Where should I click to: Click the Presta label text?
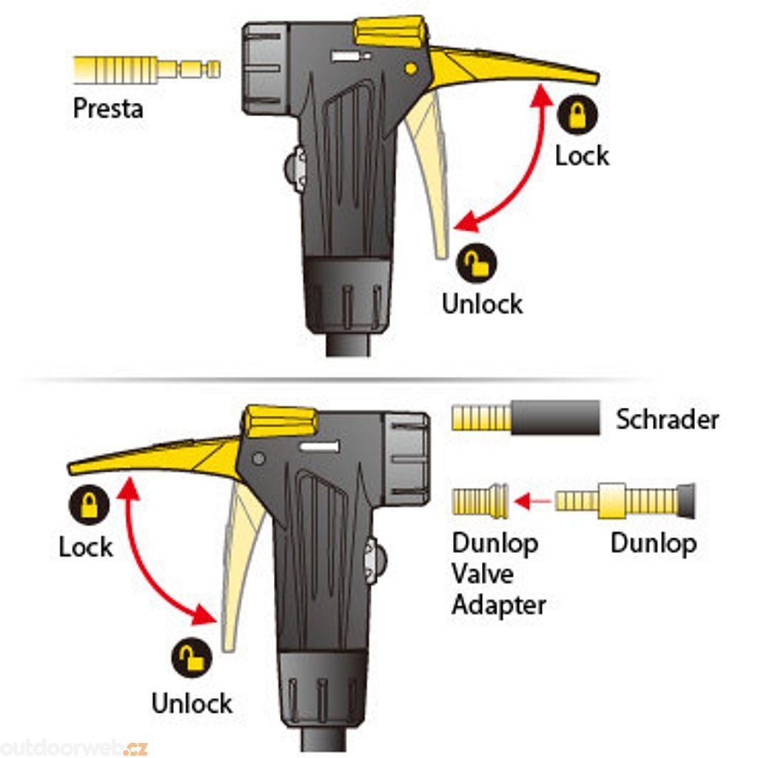point(107,108)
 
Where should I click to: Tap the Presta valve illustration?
point(147,70)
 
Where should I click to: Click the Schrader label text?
point(667,420)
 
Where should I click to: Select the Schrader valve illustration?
point(526,418)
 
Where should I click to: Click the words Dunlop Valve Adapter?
point(499,574)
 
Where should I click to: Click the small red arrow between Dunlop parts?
point(534,502)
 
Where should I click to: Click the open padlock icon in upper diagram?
point(477,265)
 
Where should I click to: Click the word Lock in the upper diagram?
point(583,155)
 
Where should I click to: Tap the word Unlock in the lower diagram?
point(192,702)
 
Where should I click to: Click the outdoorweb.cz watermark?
point(74,748)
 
